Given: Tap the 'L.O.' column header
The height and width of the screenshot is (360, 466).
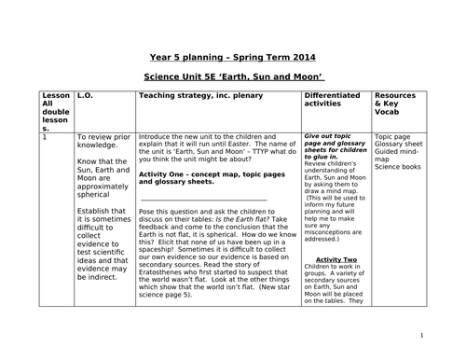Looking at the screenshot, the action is pyautogui.click(x=85, y=97).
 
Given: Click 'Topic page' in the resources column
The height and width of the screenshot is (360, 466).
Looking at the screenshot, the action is pyautogui.click(x=393, y=136).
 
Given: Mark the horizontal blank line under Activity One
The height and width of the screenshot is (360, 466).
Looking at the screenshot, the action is pyautogui.click(x=203, y=199).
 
